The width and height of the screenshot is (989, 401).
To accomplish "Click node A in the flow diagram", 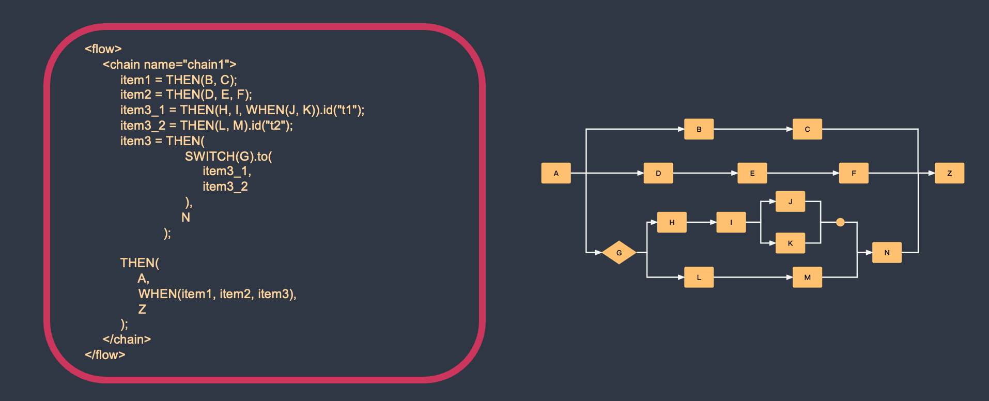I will (556, 173).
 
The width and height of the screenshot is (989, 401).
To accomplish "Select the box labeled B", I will (699, 129).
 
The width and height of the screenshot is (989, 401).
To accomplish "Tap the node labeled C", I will (807, 129).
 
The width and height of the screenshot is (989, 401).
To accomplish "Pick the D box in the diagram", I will (658, 173).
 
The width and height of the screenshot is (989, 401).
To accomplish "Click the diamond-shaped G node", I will (619, 253).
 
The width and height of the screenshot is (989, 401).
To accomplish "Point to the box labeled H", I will (672, 222).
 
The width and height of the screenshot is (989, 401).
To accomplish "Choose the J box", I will (790, 202).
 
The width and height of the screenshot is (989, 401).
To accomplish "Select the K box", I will (790, 243).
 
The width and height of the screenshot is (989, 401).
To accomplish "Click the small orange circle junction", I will (840, 222).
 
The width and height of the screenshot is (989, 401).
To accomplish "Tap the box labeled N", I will (887, 253).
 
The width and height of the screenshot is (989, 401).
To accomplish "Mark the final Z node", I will (949, 173).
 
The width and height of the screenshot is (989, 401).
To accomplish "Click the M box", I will (807, 277).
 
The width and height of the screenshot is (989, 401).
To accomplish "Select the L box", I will (699, 277).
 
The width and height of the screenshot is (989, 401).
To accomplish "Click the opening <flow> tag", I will (103, 49).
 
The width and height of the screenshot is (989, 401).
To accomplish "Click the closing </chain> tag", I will (127, 340).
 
